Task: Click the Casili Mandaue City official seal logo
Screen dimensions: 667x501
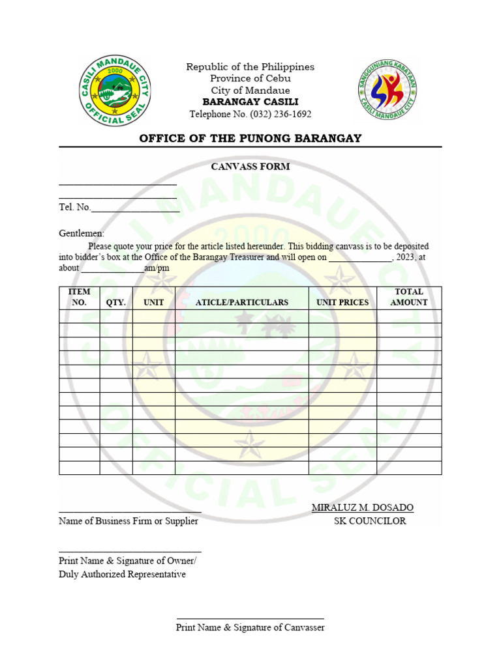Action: click(x=115, y=91)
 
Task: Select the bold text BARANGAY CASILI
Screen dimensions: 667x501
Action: click(x=250, y=102)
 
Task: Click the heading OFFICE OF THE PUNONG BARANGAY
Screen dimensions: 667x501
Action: click(x=250, y=138)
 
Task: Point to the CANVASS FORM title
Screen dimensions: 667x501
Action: click(x=250, y=166)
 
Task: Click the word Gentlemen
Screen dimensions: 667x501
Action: click(x=82, y=233)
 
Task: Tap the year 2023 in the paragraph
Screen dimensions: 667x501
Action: click(x=404, y=257)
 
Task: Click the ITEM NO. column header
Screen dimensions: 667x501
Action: click(x=79, y=297)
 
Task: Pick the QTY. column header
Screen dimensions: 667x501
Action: click(x=116, y=302)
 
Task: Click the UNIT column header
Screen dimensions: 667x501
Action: click(x=153, y=302)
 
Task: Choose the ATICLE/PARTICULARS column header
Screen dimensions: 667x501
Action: click(x=241, y=302)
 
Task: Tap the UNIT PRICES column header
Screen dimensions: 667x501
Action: click(x=342, y=302)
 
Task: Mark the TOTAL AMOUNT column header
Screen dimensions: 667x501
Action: click(x=409, y=297)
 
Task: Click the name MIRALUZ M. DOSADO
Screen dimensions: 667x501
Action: click(x=362, y=507)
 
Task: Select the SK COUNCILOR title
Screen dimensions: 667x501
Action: click(x=370, y=521)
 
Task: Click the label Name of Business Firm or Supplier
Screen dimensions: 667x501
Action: click(x=129, y=521)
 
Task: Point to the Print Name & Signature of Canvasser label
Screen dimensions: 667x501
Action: click(x=250, y=627)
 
